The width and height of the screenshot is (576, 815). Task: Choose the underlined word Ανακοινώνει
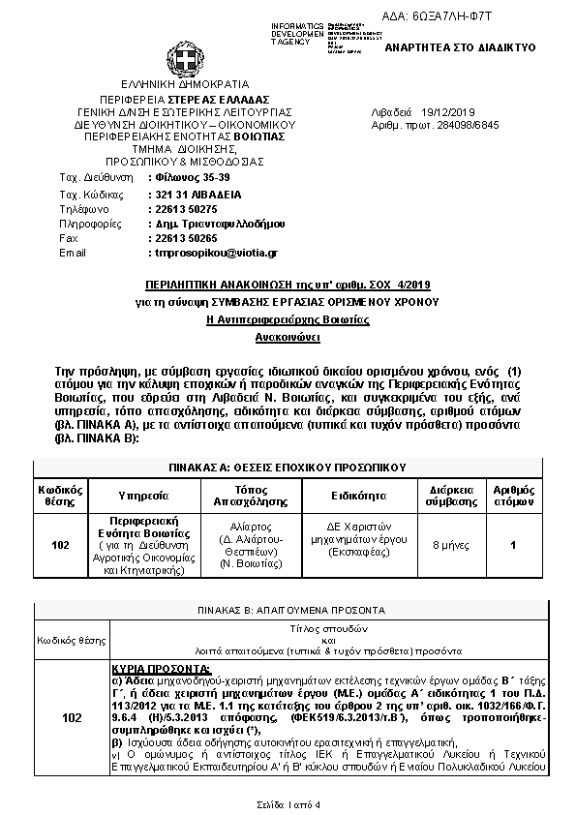[288, 339]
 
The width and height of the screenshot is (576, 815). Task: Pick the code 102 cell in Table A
[60, 545]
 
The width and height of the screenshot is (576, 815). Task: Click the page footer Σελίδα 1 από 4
[288, 804]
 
